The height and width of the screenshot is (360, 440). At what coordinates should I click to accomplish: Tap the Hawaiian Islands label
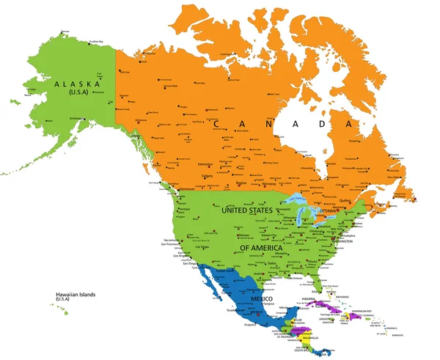click(x=76, y=295)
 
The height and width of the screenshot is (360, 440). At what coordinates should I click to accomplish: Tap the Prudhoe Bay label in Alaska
click(x=96, y=41)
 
